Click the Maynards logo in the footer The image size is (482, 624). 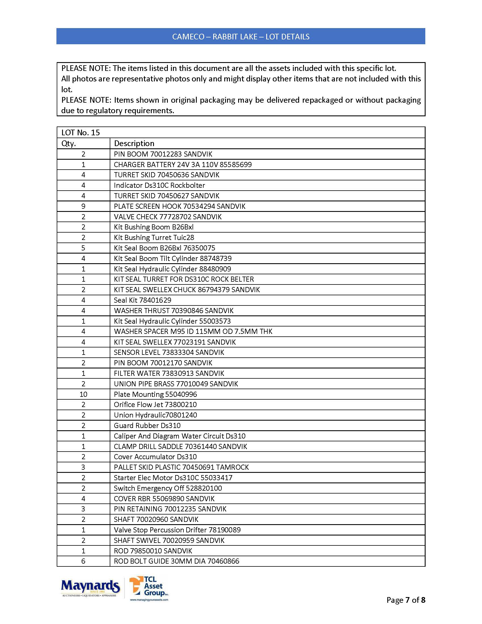tap(90, 588)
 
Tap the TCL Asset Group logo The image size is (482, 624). tap(149, 588)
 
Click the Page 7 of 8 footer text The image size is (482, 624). tap(405, 600)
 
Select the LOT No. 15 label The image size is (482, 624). tap(81, 132)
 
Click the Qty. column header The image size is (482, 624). tap(69, 144)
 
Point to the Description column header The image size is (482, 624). tap(134, 144)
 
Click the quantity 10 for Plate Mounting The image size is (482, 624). tap(83, 394)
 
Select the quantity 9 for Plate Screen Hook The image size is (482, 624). tap(83, 206)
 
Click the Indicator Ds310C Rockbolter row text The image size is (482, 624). tap(159, 185)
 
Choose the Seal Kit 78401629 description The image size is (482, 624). tap(143, 300)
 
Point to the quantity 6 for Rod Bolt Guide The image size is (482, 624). tap(83, 561)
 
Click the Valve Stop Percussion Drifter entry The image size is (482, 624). tap(177, 530)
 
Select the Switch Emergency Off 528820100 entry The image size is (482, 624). tap(168, 488)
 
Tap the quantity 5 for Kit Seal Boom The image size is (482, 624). tap(83, 248)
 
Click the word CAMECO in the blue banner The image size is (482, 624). tap(188, 37)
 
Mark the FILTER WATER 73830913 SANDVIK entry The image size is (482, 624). tap(169, 374)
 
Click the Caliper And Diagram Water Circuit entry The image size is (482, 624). tap(179, 436)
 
